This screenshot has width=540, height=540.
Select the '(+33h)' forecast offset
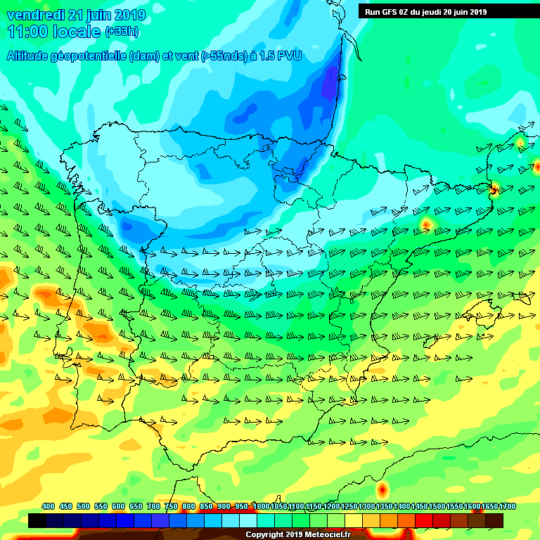click(x=122, y=32)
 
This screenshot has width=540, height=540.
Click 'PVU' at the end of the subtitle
click(x=289, y=56)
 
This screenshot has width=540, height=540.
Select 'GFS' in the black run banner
click(x=390, y=11)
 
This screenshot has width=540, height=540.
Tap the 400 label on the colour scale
click(x=48, y=506)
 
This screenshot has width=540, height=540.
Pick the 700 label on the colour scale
click(x=153, y=506)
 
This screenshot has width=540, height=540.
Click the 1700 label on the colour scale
click(x=508, y=506)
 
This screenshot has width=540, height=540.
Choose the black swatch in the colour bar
click(x=37, y=520)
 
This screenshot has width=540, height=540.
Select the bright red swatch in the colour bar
click(x=424, y=520)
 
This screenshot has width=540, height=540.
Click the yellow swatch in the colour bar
click(x=354, y=520)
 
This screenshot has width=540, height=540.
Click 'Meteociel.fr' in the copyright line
click(x=327, y=534)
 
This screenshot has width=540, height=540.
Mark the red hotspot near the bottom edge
click(x=382, y=488)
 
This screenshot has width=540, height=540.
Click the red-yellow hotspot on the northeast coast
click(x=494, y=188)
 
